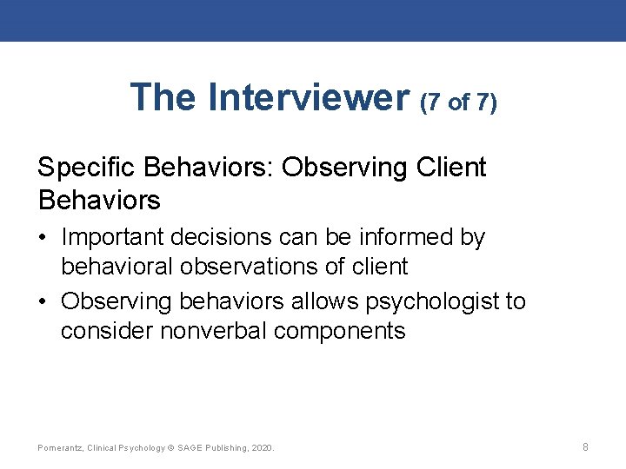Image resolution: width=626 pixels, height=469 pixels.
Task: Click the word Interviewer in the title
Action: click(309, 97)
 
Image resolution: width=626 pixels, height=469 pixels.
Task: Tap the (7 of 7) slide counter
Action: click(458, 102)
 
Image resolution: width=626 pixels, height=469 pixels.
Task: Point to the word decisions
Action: click(242, 237)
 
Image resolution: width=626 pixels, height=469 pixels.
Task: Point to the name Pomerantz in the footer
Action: click(60, 448)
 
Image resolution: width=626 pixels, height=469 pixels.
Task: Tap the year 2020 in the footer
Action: click(261, 448)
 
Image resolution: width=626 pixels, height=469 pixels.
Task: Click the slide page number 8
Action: click(585, 447)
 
